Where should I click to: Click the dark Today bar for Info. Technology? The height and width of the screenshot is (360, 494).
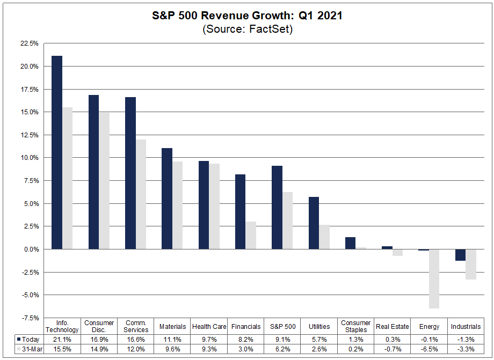tap(56, 152)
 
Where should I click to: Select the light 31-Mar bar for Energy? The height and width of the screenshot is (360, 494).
tap(434, 278)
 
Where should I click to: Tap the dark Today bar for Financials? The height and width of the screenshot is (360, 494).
tap(240, 211)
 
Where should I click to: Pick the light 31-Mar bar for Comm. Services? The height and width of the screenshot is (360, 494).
tap(141, 194)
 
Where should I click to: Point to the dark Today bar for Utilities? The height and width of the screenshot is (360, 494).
tap(314, 223)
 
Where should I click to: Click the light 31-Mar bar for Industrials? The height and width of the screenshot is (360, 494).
tap(470, 264)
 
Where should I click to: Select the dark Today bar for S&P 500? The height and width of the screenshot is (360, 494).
tap(277, 208)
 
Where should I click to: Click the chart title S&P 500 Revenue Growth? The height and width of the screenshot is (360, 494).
tap(247, 16)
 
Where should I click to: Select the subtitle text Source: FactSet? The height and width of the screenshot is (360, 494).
tap(247, 29)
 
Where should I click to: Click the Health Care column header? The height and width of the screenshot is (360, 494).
tap(209, 326)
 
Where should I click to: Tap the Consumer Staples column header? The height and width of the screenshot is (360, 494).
tap(355, 326)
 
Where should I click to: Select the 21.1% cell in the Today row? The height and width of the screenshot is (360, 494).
tap(63, 339)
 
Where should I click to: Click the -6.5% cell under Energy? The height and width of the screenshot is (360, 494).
tap(429, 349)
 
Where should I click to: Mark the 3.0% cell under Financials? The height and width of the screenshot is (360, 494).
tap(246, 349)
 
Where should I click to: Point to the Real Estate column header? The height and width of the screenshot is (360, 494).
tap(393, 326)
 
